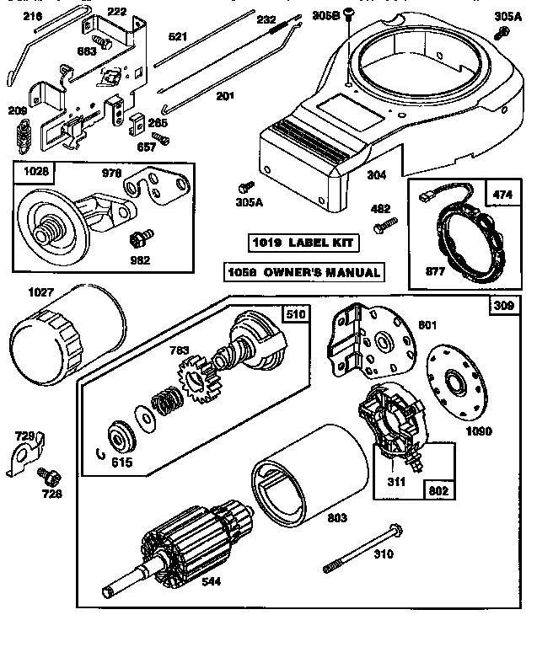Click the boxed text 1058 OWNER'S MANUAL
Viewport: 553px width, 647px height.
click(x=303, y=272)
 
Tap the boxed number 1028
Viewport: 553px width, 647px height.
click(x=35, y=171)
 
